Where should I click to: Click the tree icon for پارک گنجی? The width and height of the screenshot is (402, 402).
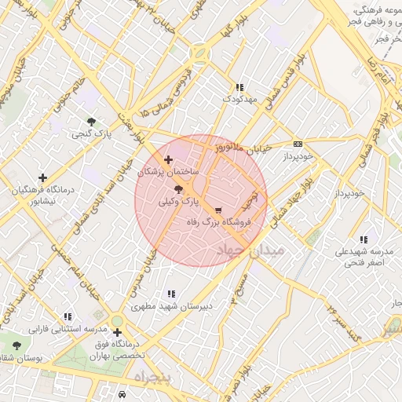[x=92, y=122]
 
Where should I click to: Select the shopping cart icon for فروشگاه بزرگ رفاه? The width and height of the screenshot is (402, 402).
[x=217, y=210]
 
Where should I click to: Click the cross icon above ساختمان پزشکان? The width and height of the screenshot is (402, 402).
[x=168, y=159]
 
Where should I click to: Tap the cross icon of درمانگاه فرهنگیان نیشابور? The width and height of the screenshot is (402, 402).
[x=42, y=177]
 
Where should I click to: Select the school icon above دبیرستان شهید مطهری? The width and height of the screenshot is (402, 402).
[x=172, y=294]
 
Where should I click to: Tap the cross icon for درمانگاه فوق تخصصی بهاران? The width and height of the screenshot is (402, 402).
[x=117, y=333]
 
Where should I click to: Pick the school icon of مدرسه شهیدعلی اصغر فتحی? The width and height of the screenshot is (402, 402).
[x=363, y=239]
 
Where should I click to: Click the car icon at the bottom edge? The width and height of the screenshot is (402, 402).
[x=122, y=394]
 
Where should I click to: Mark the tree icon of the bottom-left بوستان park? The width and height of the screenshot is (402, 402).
[x=16, y=345]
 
